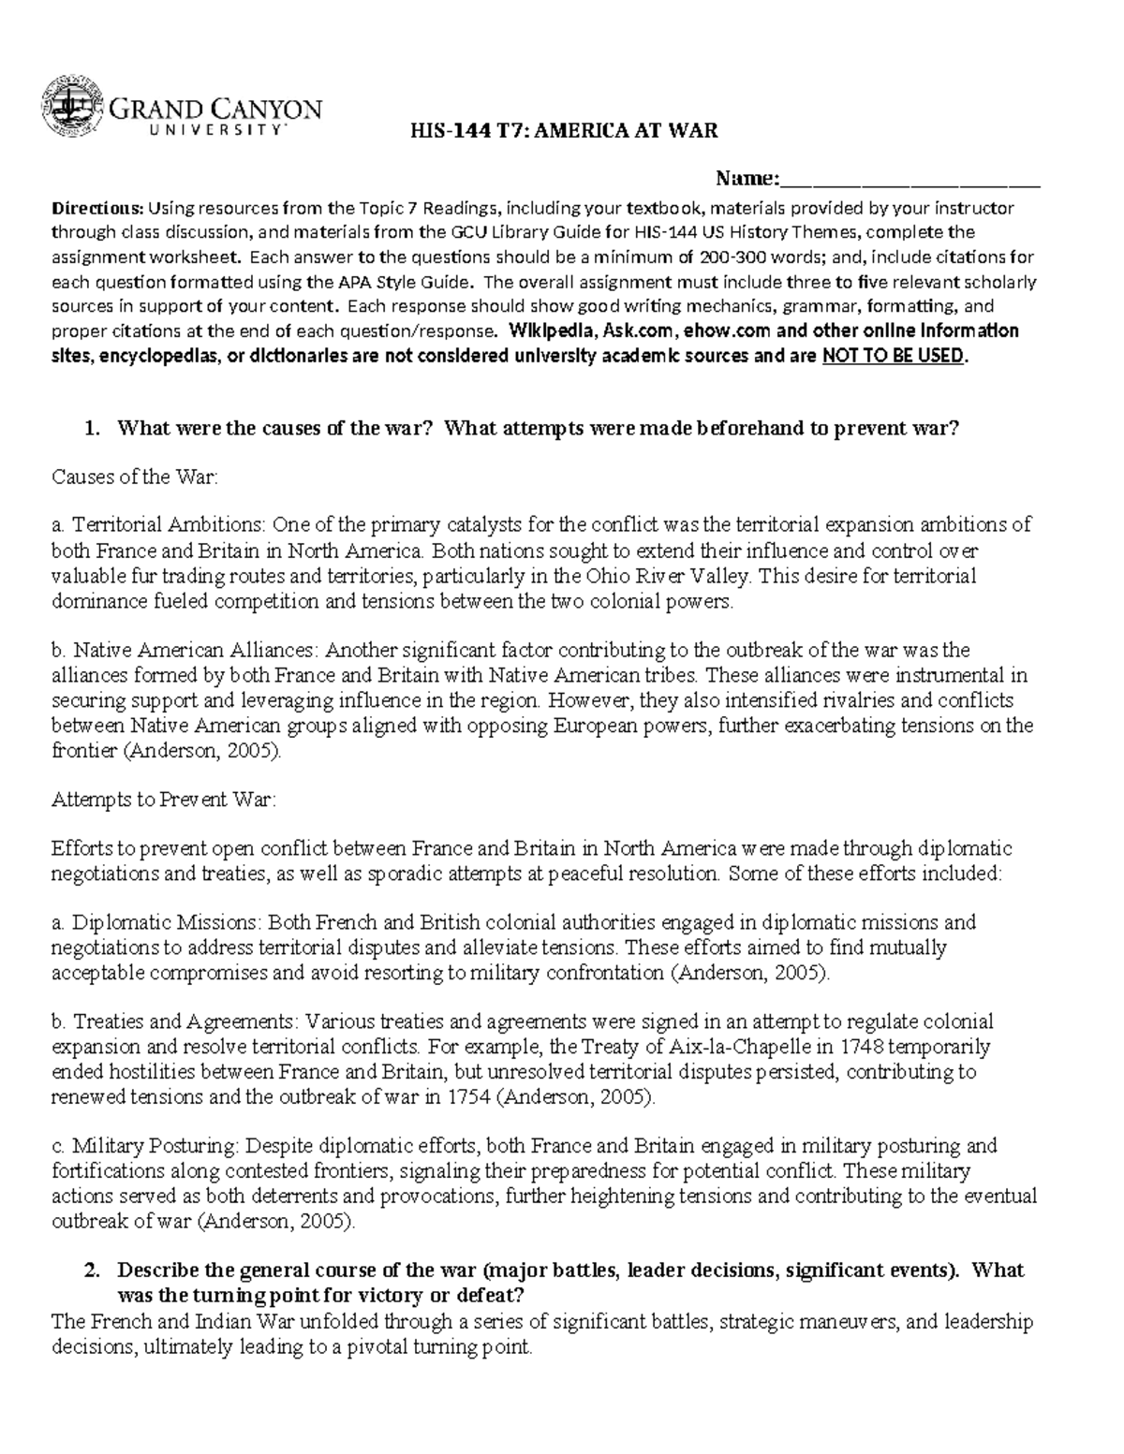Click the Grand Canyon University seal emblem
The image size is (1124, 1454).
[x=71, y=109]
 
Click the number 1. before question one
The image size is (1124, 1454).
[x=91, y=429]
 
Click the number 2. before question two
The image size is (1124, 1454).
[x=91, y=1270]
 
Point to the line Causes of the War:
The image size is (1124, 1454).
[x=134, y=477]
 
